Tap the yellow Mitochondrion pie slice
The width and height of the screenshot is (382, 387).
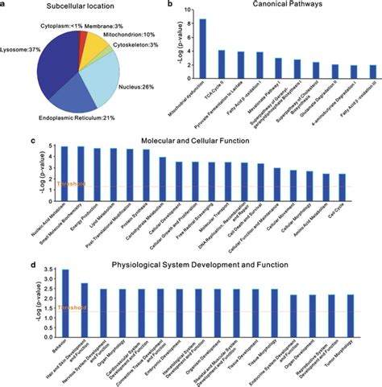click(113, 44)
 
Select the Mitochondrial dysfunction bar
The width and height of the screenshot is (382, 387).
click(202, 47)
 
